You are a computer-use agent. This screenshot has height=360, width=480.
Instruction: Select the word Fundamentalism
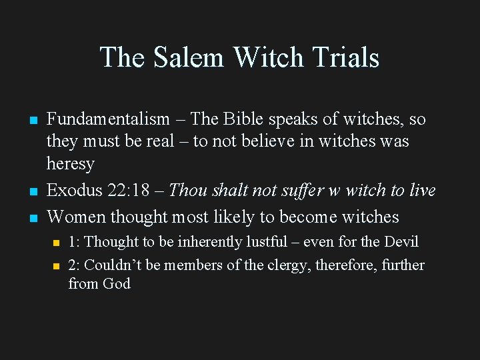108,119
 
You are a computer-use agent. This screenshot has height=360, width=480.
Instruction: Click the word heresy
71,163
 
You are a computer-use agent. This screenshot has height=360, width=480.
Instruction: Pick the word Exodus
74,191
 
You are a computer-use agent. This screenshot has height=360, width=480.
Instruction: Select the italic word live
422,191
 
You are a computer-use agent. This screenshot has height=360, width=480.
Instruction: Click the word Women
76,217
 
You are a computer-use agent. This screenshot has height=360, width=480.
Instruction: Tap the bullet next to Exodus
31,192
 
